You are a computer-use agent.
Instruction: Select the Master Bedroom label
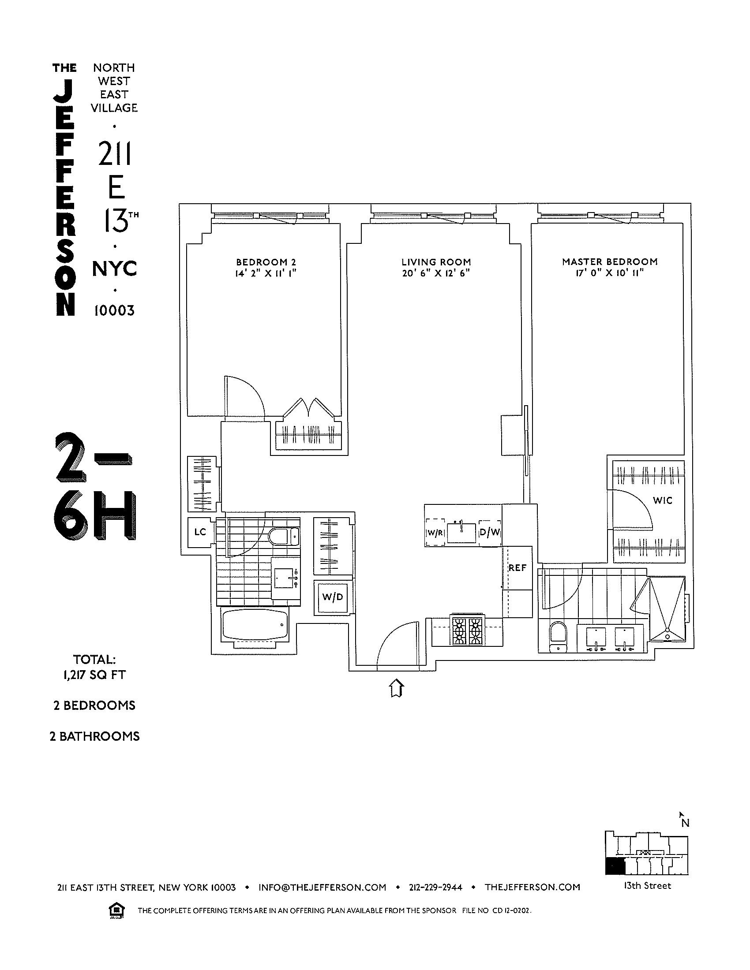[x=610, y=262]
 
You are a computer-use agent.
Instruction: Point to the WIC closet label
[x=663, y=500]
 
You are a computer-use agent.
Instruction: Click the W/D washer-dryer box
[x=333, y=597]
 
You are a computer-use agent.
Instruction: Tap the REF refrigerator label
[x=517, y=567]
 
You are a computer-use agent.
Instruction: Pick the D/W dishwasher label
[x=490, y=532]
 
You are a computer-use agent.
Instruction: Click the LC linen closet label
[x=200, y=532]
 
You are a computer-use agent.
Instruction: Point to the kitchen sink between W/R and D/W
[x=461, y=532]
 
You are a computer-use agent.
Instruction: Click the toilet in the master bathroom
[x=557, y=634]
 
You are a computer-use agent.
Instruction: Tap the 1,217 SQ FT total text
[x=94, y=675]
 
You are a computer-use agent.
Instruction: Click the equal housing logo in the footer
[x=116, y=910]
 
